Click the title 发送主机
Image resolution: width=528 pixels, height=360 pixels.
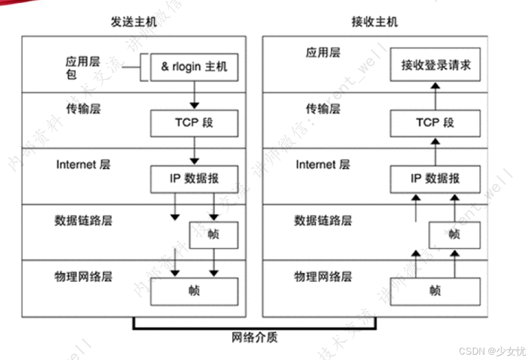[x=134, y=22]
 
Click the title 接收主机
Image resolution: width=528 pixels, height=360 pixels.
[x=374, y=22]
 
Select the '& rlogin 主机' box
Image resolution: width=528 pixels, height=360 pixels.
[x=194, y=67]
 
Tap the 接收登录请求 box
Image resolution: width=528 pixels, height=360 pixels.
[x=435, y=64]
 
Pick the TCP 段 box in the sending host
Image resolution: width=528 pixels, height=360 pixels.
[x=194, y=122]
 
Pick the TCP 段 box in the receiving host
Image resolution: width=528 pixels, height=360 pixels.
[x=435, y=122]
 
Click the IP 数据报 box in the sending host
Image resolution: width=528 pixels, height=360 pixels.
[x=194, y=178]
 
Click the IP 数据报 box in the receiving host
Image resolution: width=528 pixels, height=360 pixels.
[x=435, y=178]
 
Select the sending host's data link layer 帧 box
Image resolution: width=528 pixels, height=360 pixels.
[x=213, y=234]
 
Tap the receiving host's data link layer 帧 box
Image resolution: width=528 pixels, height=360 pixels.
[x=454, y=234]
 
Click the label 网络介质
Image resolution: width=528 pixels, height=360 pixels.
[x=254, y=338]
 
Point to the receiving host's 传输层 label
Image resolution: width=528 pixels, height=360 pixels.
[x=322, y=109]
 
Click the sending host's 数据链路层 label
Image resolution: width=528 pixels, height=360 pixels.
[x=83, y=220]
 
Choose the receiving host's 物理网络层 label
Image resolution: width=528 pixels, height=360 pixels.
[x=322, y=276]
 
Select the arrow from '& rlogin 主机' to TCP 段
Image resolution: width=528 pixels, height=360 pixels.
[x=194, y=95]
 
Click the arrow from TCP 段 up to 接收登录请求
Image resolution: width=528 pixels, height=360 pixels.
[x=435, y=95]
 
